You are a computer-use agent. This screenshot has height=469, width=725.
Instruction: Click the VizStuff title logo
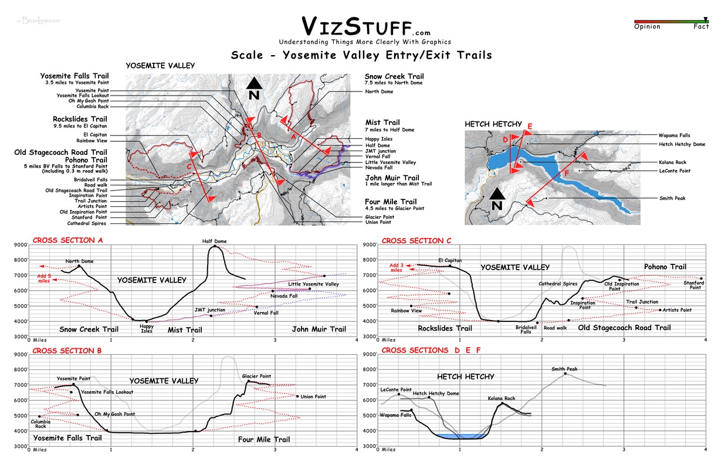[x=365, y=27]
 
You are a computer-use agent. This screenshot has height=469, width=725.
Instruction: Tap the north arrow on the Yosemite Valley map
[x=253, y=88]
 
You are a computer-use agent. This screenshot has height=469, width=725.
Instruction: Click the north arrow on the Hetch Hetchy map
[x=497, y=199]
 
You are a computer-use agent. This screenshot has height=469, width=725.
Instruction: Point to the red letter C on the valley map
[x=189, y=166]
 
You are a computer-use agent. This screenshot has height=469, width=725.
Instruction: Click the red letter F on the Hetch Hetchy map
[x=566, y=174]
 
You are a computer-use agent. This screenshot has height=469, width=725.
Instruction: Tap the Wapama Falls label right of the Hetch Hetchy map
[x=674, y=135]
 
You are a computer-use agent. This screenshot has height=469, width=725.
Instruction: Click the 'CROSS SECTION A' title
[x=68, y=240]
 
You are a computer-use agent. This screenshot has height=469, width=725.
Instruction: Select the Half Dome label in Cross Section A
[x=214, y=241]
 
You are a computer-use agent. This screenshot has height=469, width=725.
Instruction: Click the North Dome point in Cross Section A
[x=79, y=266]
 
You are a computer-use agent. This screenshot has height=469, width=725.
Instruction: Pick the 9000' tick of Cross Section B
[x=19, y=354]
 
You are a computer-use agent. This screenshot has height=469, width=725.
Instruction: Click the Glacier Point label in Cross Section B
[x=256, y=376]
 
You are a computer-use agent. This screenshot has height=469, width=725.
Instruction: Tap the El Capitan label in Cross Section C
[x=450, y=260]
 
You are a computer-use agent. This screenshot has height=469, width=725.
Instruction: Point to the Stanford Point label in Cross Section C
[x=695, y=285]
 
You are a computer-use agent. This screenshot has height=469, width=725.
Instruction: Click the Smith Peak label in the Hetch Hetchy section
[x=564, y=369]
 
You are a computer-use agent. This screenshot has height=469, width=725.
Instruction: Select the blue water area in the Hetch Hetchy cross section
[x=460, y=436]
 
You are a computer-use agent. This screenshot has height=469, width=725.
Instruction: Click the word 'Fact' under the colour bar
[x=701, y=26]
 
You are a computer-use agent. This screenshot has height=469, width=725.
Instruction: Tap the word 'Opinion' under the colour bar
[x=647, y=26]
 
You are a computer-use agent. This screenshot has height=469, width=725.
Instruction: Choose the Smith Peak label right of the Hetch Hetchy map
[x=672, y=198]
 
